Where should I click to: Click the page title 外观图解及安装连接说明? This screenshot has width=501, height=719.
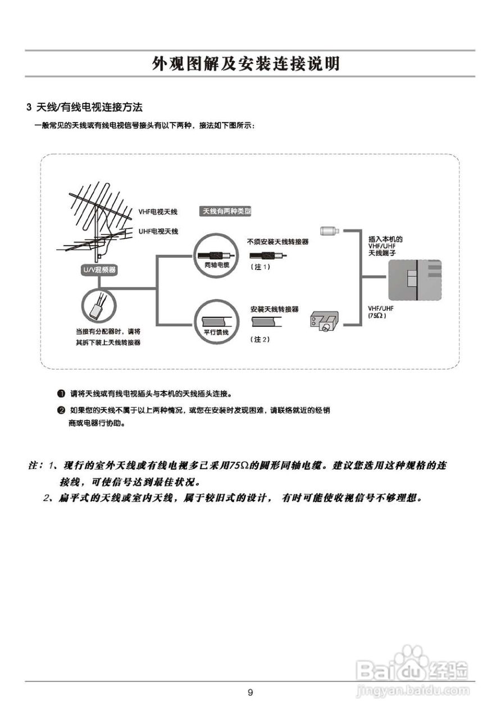246,64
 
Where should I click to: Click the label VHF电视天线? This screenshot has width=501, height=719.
158,212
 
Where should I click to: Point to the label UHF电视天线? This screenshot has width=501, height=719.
158,231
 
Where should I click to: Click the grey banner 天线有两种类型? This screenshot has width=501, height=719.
226,211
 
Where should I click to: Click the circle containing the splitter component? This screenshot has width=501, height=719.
98,306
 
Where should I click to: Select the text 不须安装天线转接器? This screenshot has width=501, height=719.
277,242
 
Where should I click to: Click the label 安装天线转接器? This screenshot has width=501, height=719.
274,310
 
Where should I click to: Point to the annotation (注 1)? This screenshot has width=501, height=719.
260,267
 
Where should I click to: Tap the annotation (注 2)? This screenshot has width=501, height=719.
260,340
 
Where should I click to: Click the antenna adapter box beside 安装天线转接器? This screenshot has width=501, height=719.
322,322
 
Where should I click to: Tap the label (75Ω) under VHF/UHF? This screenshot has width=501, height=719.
377,316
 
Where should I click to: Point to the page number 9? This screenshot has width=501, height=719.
250,692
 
